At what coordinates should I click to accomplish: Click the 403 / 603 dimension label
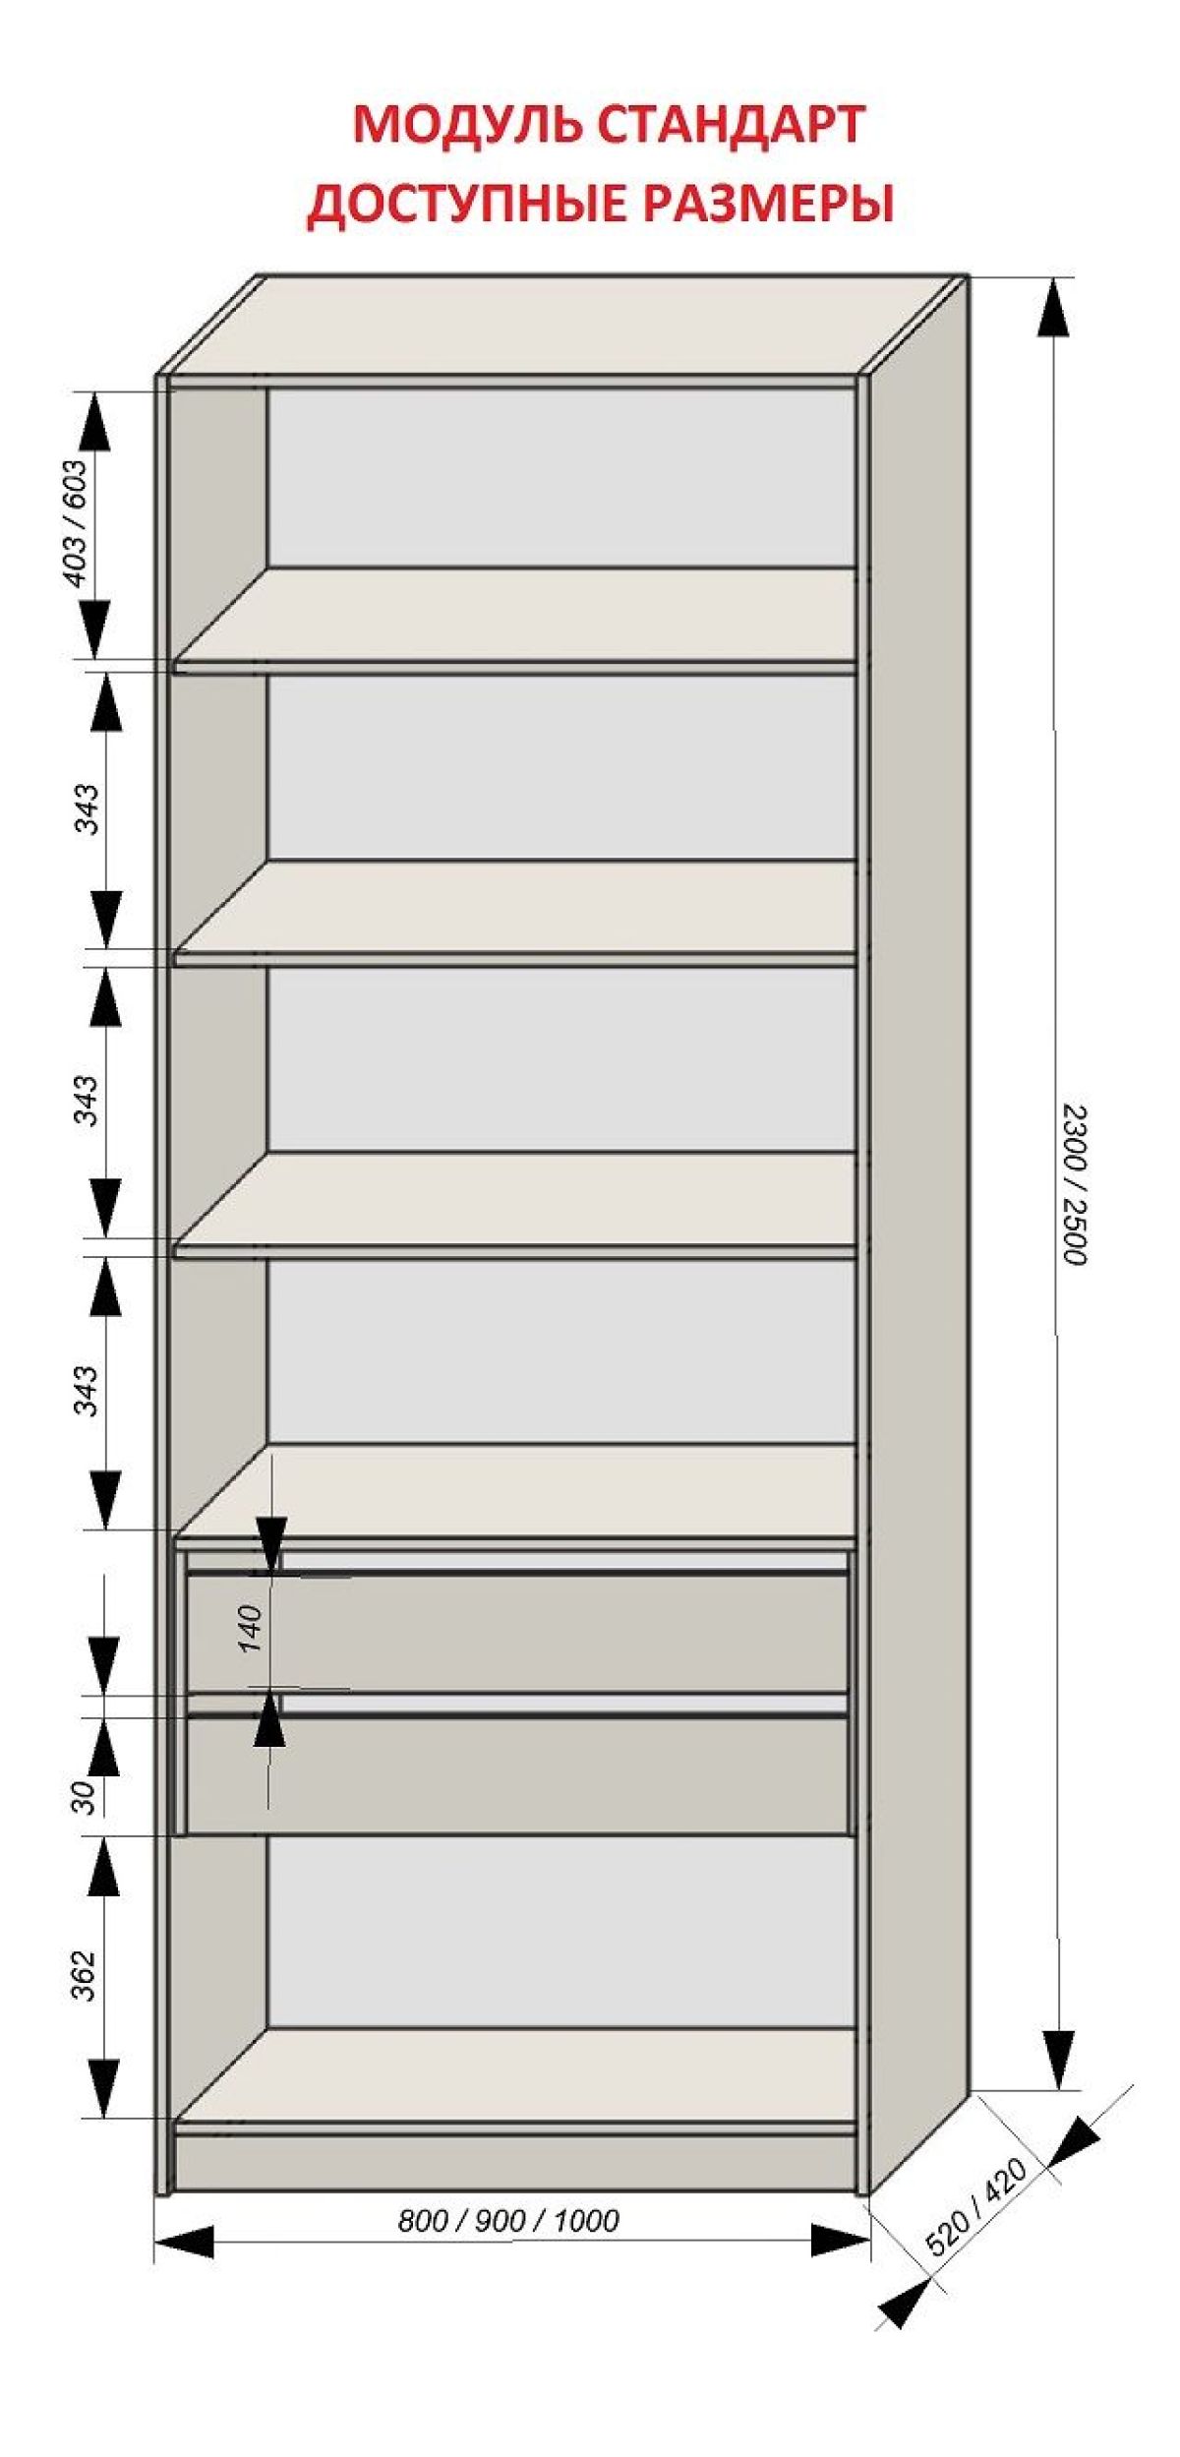[x=75, y=522]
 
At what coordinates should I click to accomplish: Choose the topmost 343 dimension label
[x=88, y=809]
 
